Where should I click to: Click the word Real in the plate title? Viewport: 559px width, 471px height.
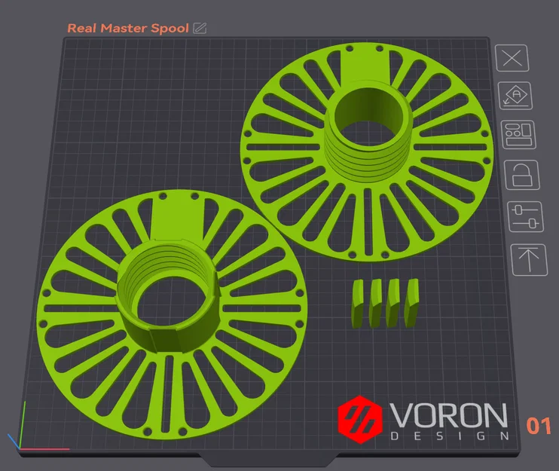[81, 28]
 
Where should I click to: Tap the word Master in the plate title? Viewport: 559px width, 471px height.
[124, 28]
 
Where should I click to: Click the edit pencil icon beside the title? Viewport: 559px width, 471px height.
[200, 28]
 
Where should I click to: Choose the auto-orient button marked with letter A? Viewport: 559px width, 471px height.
[515, 96]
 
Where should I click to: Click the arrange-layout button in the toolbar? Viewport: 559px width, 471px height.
[519, 134]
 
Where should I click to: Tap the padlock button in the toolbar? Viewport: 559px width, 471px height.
[522, 175]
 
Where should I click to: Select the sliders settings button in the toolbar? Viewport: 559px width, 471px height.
[526, 216]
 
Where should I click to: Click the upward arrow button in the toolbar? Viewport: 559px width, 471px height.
[529, 259]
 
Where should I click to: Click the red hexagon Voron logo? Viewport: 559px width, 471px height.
[360, 419]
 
